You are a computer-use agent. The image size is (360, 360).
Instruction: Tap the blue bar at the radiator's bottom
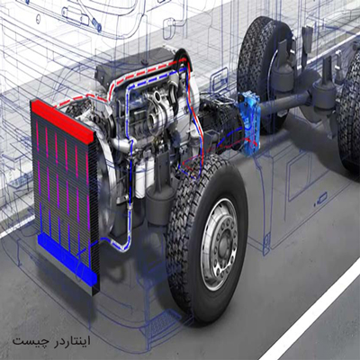point(67,259)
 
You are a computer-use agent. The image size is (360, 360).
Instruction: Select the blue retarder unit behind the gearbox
point(249,123)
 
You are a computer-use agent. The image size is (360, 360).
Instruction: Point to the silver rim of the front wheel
point(220,245)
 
